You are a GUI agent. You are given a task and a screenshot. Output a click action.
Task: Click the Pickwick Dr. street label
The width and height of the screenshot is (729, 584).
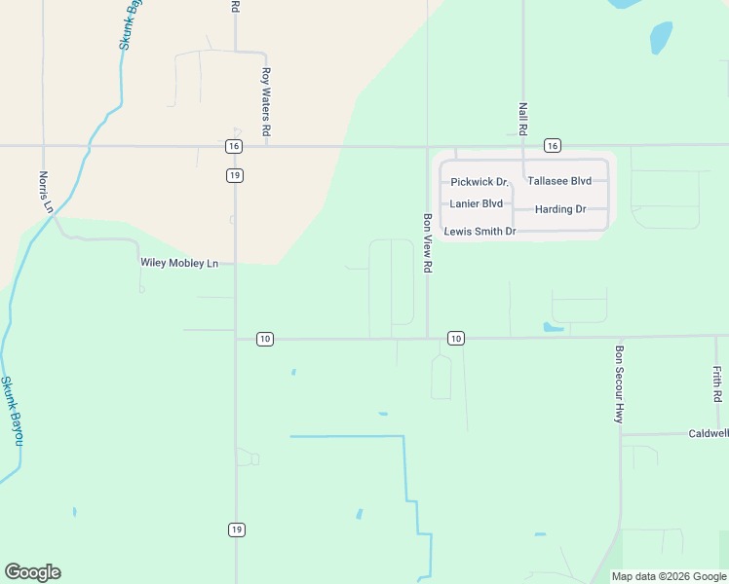click(480, 182)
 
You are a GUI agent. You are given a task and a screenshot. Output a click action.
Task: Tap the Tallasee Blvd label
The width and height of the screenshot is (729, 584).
click(559, 181)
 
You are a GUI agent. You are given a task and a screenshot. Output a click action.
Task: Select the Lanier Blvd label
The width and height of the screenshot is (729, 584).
click(477, 203)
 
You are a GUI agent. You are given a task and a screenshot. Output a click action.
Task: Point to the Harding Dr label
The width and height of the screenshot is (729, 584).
click(560, 209)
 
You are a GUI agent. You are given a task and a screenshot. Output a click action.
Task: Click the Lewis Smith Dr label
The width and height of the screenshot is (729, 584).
click(480, 232)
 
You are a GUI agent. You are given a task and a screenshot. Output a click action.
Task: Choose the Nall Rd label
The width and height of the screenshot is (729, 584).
click(523, 119)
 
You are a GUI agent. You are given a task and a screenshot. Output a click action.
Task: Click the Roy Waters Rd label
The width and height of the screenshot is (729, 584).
click(265, 100)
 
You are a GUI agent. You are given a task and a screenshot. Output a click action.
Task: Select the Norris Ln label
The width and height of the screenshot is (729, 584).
click(44, 192)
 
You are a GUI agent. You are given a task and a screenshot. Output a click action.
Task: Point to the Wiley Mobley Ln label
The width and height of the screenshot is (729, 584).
click(179, 263)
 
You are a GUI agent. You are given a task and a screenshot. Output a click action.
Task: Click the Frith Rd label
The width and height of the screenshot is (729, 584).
click(717, 384)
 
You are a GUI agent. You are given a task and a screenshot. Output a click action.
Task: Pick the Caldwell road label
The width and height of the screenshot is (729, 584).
click(708, 433)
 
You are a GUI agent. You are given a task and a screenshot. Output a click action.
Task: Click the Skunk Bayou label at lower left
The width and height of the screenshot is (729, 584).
click(11, 411)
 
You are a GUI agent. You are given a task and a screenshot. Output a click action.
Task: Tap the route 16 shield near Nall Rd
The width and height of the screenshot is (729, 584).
click(553, 145)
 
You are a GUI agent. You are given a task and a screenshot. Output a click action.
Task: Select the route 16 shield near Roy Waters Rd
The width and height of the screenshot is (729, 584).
click(234, 145)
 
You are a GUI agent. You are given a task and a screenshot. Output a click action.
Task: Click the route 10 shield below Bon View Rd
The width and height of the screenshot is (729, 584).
click(455, 338)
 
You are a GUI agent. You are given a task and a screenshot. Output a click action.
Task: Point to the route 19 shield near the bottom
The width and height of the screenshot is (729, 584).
click(236, 529)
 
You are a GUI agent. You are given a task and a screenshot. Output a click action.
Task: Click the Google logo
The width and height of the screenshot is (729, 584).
click(32, 572)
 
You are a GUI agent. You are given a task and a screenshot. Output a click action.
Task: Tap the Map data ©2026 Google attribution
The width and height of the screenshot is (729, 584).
click(669, 576)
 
